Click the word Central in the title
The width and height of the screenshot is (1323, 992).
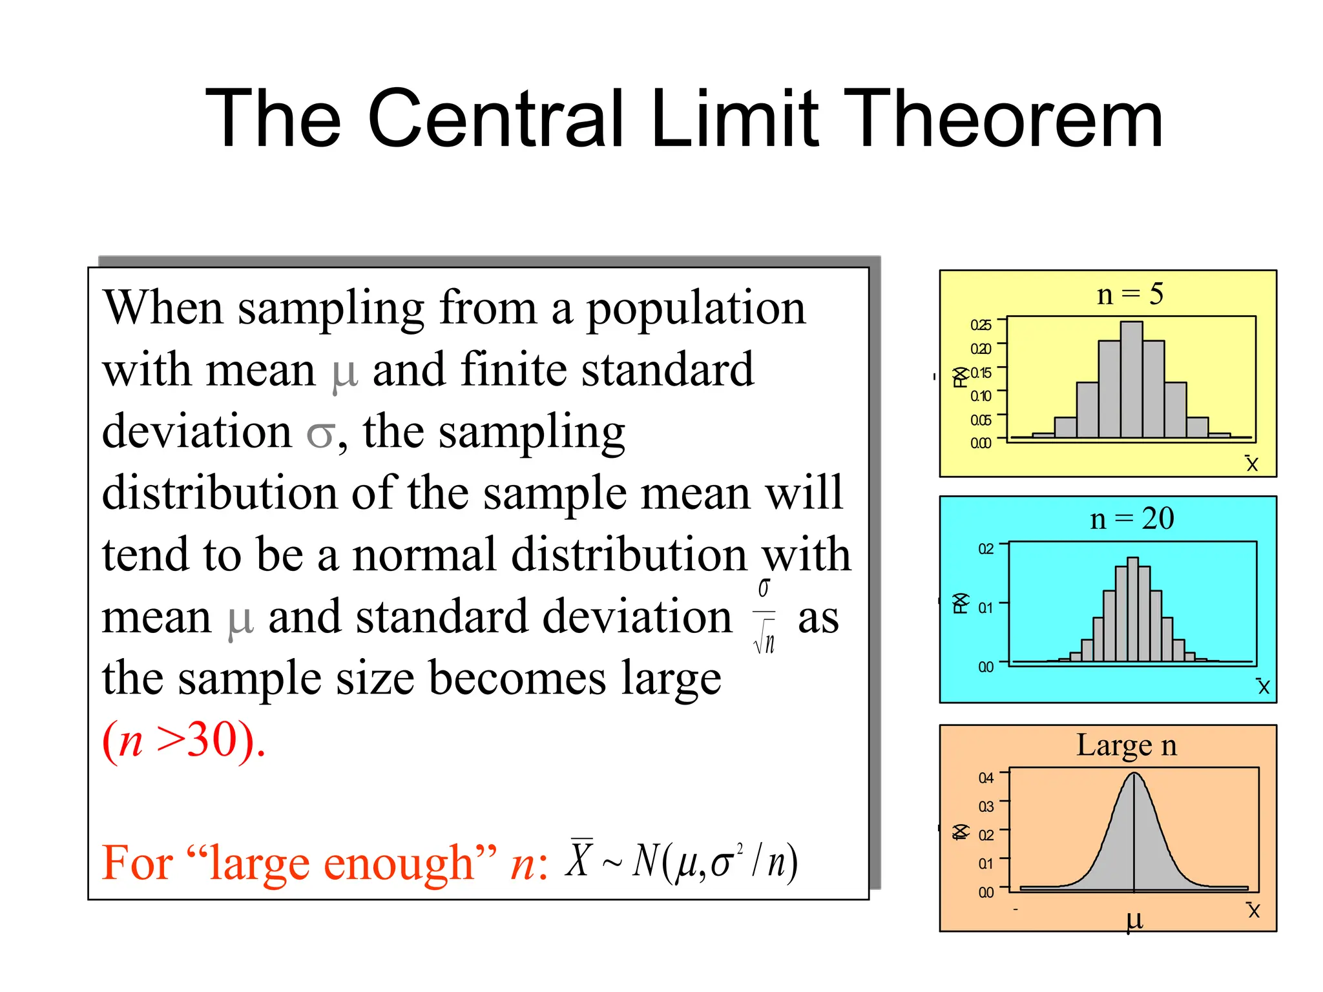pyautogui.click(x=497, y=119)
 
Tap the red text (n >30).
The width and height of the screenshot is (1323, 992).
pyautogui.click(x=184, y=741)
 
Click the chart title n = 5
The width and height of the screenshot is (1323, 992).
pyautogui.click(x=1130, y=294)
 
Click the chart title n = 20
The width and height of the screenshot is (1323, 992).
pyautogui.click(x=1131, y=519)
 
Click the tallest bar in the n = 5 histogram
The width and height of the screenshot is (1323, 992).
pyautogui.click(x=1131, y=380)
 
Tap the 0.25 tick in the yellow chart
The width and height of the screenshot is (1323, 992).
pyautogui.click(x=981, y=325)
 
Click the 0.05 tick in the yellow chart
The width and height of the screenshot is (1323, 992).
pyautogui.click(x=981, y=420)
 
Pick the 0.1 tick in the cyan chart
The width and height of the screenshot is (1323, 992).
pyautogui.click(x=986, y=608)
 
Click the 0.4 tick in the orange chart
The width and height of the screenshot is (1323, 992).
pyautogui.click(x=986, y=778)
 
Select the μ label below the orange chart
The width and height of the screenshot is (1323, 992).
pyautogui.click(x=1134, y=920)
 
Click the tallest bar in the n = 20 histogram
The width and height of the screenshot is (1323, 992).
pyautogui.click(x=1132, y=608)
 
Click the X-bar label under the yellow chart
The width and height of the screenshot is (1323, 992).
pyautogui.click(x=1252, y=463)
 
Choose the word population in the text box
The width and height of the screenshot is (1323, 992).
pyautogui.click(x=696, y=309)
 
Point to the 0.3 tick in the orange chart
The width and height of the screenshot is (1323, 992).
pyautogui.click(x=986, y=807)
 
